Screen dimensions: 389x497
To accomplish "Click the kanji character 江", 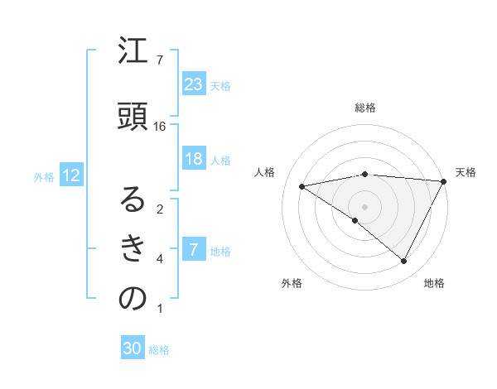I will click(x=132, y=53).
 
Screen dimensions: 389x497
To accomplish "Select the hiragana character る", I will click(x=132, y=199).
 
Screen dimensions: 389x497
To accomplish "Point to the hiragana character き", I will click(x=132, y=249).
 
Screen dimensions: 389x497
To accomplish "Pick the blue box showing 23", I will click(x=193, y=84).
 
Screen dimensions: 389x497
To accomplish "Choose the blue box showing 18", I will click(x=193, y=160).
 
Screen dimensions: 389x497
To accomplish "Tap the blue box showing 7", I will click(x=193, y=250).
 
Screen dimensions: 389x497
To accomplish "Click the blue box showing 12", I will click(x=70, y=175).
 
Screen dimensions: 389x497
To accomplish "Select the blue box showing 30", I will click(x=133, y=348).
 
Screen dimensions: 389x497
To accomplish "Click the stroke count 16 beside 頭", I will click(x=160, y=126).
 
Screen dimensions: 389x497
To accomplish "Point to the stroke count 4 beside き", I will click(x=160, y=259).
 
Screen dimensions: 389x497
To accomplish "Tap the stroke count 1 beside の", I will click(x=160, y=310).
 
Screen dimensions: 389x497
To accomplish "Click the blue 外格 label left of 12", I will click(x=44, y=176).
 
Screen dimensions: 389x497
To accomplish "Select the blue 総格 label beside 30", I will click(x=159, y=350).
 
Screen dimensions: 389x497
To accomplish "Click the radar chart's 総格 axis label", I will click(x=364, y=108).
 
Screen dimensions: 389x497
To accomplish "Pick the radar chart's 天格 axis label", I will click(x=466, y=172).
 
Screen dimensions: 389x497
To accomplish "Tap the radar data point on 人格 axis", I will click(x=302, y=186).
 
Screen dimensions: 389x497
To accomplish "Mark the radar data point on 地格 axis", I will click(x=403, y=261).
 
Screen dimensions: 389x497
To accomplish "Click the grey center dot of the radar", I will click(x=364, y=205).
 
